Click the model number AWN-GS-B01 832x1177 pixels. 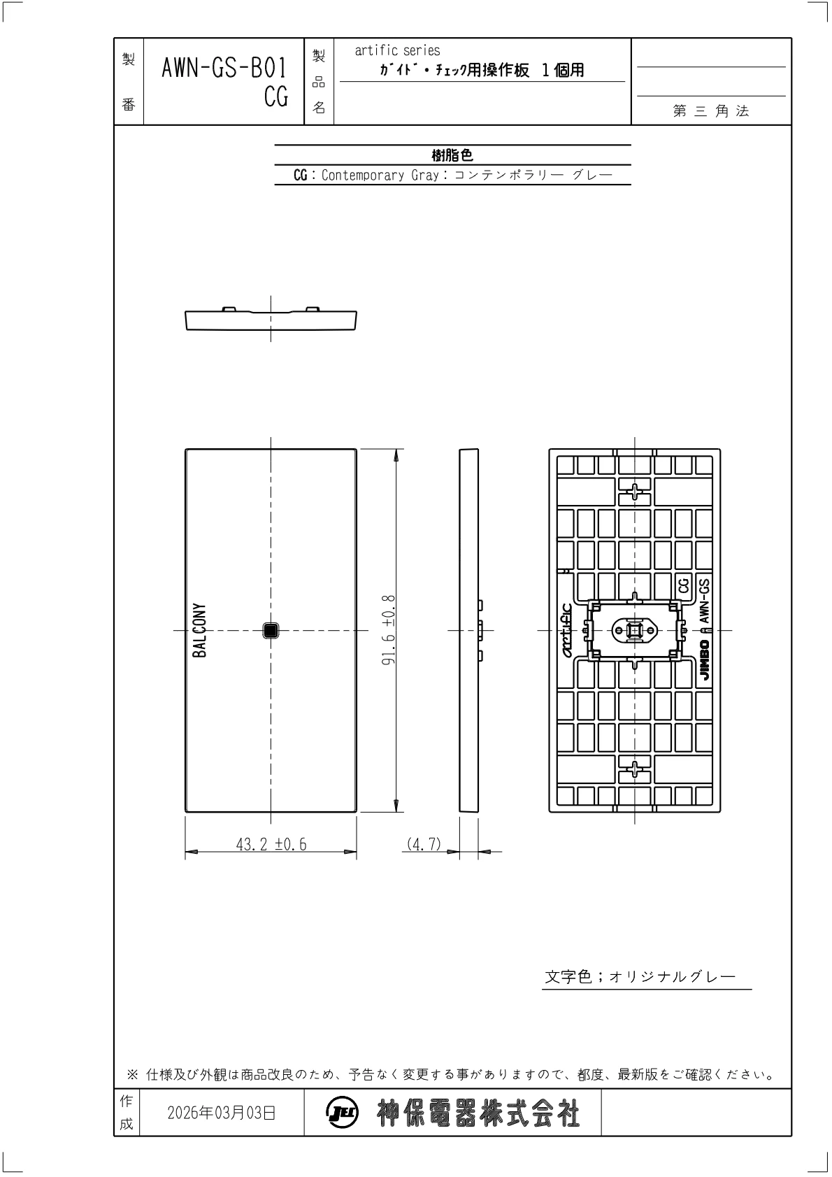(x=224, y=68)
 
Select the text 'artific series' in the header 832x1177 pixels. (x=397, y=50)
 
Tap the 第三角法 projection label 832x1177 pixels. (x=710, y=110)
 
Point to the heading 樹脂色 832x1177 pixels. (x=452, y=155)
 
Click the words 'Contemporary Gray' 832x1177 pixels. (x=380, y=175)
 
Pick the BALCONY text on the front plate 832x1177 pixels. (x=199, y=630)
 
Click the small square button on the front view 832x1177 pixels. (x=271, y=630)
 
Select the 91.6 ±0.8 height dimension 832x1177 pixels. (x=388, y=630)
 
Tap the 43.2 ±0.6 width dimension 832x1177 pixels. (x=271, y=844)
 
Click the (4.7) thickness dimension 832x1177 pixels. (x=424, y=844)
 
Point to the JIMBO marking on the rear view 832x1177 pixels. (x=704, y=660)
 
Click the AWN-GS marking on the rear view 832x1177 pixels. (x=704, y=601)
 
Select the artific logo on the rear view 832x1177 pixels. (x=567, y=630)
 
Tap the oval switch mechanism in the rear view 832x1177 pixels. (x=635, y=630)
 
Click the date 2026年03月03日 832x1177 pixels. (x=221, y=1113)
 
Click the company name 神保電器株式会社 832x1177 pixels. (x=478, y=1113)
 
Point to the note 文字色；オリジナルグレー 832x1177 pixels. (x=640, y=977)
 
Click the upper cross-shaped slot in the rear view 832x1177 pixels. (x=635, y=492)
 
